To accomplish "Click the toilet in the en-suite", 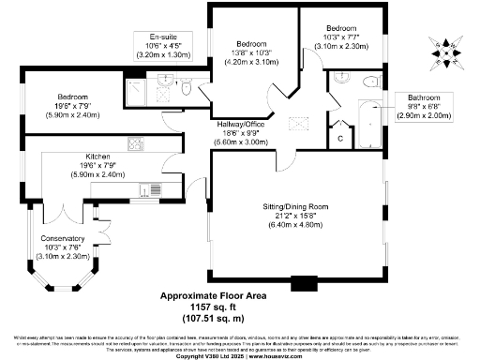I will (x=186, y=86).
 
